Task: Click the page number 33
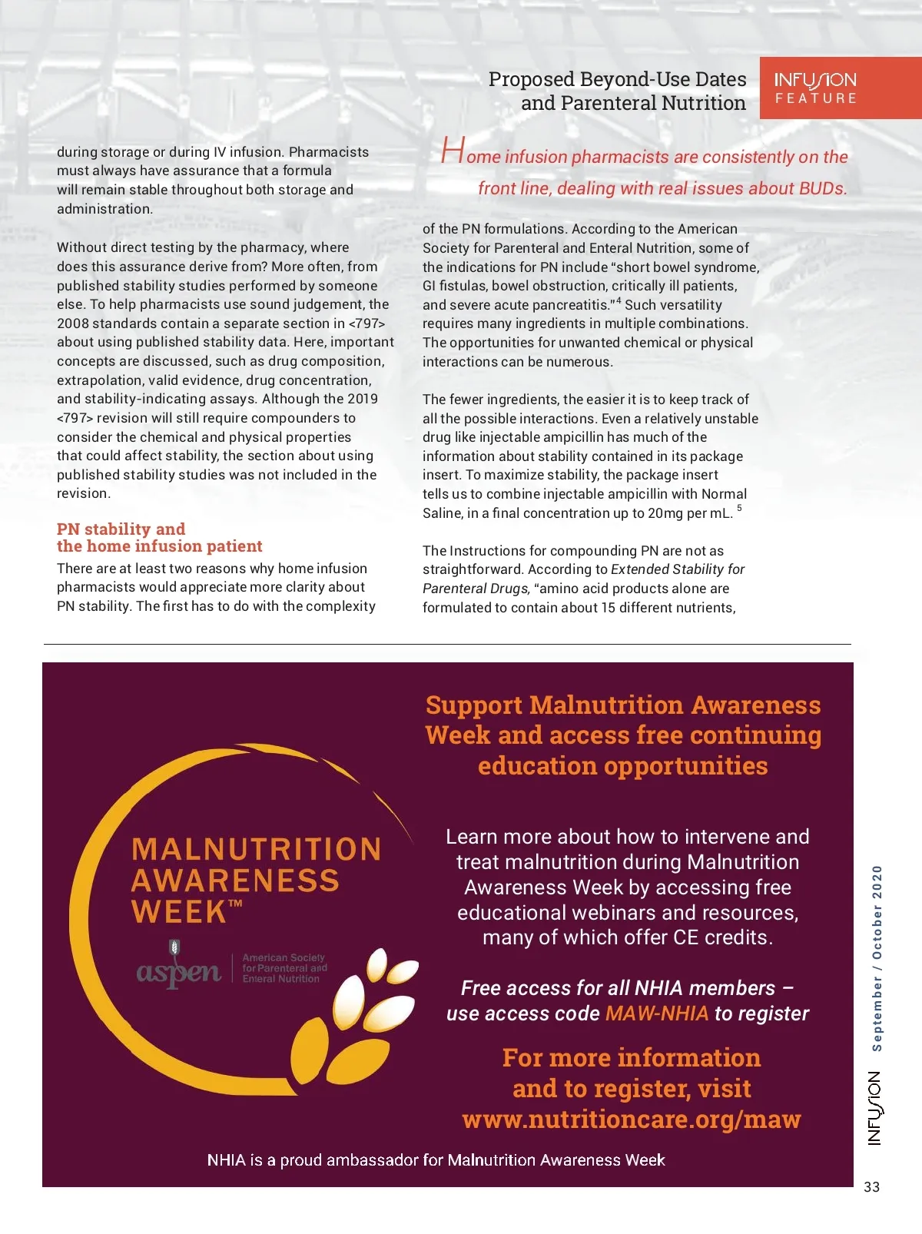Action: (871, 1187)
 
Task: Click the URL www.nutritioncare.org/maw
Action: (631, 1120)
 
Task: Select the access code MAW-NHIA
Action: (657, 1013)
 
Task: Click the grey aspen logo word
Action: (179, 972)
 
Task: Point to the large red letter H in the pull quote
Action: (453, 151)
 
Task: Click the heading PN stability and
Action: (121, 529)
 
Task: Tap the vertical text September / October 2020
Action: (877, 958)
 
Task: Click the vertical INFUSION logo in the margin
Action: (875, 1108)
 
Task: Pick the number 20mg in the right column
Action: (665, 513)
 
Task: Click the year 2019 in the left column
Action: (362, 399)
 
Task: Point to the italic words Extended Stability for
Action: (678, 569)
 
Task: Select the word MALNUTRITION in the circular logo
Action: (257, 849)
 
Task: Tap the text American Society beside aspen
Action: (284, 957)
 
